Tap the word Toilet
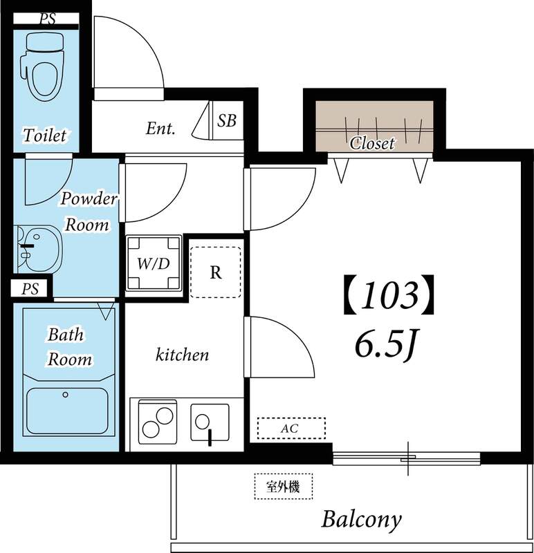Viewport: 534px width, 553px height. click(x=45, y=134)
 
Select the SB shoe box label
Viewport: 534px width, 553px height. click(x=227, y=121)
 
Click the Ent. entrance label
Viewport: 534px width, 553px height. click(x=160, y=128)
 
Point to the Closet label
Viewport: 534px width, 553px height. click(x=372, y=143)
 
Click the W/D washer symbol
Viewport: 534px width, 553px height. click(x=154, y=263)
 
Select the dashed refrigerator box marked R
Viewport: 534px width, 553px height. click(x=216, y=272)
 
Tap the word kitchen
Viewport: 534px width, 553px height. click(x=182, y=355)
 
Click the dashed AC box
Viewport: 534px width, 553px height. click(x=291, y=429)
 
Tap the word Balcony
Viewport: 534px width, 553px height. click(x=362, y=519)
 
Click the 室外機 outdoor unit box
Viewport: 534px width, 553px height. click(x=283, y=486)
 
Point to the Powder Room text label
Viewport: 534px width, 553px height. click(x=89, y=212)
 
